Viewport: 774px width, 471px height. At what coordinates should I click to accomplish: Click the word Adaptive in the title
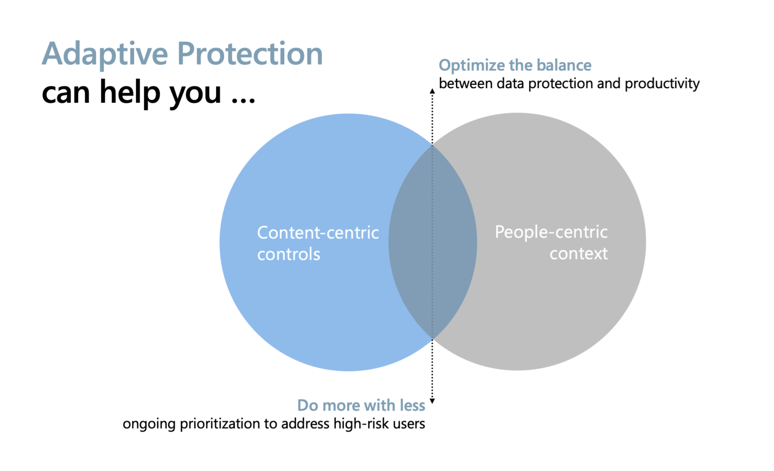105,54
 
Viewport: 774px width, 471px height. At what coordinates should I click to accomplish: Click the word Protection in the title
250,54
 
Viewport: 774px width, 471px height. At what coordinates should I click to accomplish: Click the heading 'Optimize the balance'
514,65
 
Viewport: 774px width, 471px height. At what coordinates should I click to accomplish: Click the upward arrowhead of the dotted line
432,91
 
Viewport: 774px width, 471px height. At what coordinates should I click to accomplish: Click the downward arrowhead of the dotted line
432,401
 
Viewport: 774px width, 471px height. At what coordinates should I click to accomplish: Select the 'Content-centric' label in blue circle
317,232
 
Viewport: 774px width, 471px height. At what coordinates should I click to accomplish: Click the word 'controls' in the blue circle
288,254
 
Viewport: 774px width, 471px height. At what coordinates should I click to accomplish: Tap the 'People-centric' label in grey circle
551,232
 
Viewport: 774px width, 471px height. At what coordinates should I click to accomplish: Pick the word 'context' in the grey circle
578,253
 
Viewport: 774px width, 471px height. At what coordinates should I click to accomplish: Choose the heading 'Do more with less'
361,405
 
